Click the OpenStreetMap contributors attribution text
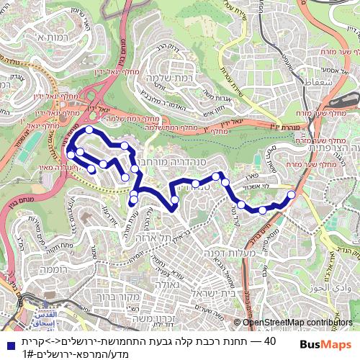pyautogui.click(x=294, y=323)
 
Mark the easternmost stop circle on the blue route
pyautogui.click(x=291, y=194)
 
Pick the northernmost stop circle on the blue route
pyautogui.click(x=89, y=130)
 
